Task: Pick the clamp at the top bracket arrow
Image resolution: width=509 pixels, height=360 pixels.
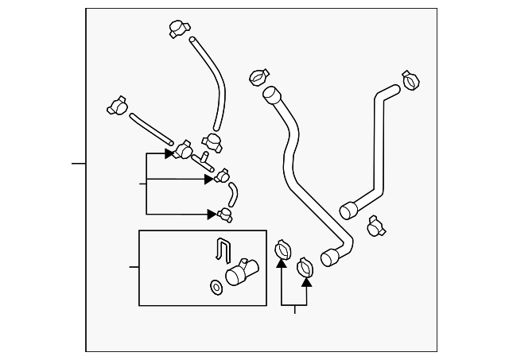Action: pyautogui.click(x=185, y=149)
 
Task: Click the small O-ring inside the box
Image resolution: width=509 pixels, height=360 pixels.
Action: pyautogui.click(x=216, y=285)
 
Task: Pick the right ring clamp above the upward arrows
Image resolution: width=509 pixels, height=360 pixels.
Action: pyautogui.click(x=305, y=269)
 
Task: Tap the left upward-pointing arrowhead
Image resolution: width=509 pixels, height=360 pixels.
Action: pyautogui.click(x=282, y=263)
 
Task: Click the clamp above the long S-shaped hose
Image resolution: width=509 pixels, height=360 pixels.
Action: pyautogui.click(x=257, y=77)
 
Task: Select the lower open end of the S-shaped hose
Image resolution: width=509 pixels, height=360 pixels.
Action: pyautogui.click(x=329, y=257)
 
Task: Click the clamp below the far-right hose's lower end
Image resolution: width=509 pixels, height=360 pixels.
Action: pyautogui.click(x=377, y=228)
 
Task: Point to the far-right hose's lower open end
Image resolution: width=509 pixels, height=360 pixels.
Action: pyautogui.click(x=348, y=211)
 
